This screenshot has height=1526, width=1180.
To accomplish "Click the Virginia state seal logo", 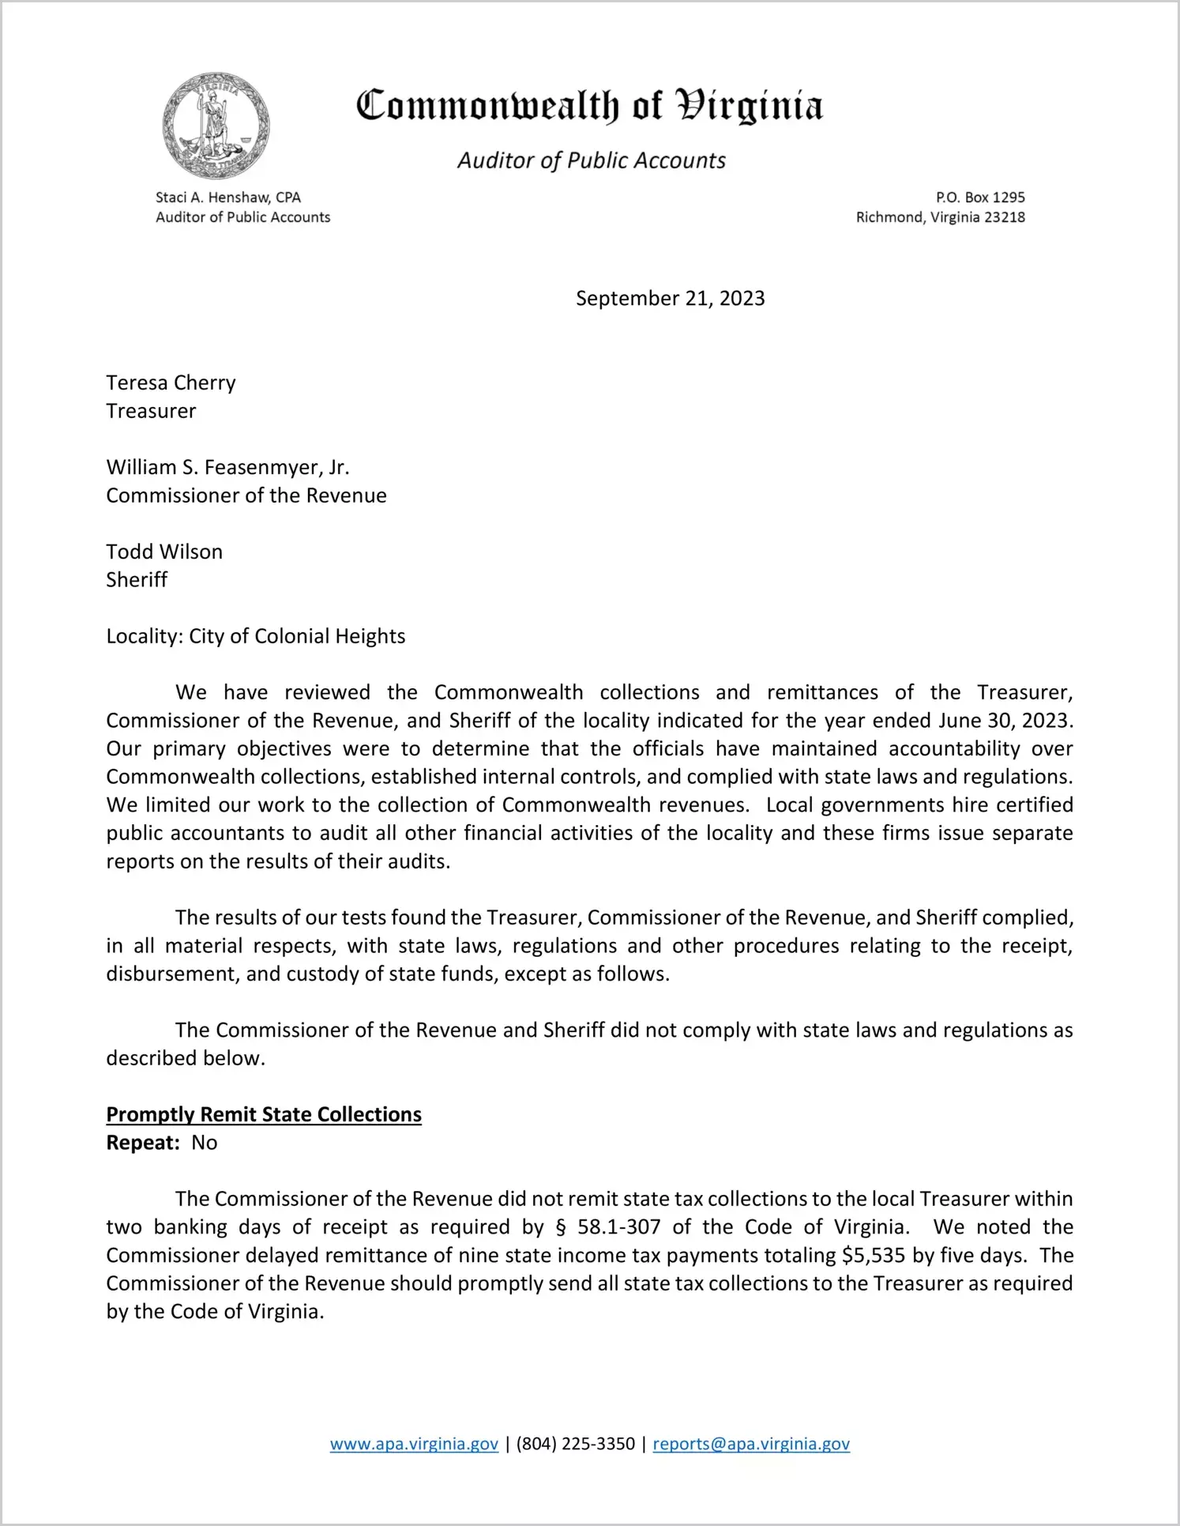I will (x=216, y=126).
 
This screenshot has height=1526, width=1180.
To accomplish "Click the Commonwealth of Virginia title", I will (x=589, y=106).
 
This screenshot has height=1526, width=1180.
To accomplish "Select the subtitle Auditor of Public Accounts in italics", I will (x=591, y=160).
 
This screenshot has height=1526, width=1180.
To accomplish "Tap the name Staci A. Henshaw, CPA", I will (x=228, y=198).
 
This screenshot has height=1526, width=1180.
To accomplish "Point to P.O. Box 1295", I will (x=980, y=198).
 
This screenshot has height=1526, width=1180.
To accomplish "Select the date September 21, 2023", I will (x=670, y=299).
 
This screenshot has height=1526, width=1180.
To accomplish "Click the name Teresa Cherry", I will (x=171, y=383).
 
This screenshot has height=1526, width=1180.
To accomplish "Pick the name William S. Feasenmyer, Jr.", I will (x=227, y=468).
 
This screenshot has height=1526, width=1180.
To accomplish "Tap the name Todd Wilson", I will (x=164, y=552).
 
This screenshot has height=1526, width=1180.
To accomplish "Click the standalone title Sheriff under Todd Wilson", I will (x=137, y=580).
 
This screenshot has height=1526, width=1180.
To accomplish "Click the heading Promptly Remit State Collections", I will (x=264, y=1115).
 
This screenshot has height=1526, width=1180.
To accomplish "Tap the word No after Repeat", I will (x=204, y=1144).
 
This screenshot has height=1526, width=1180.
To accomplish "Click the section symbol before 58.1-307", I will (x=562, y=1227).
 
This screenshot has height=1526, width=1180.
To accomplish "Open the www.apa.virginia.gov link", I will (x=414, y=1445).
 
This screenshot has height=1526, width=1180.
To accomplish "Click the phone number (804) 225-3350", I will (x=576, y=1445).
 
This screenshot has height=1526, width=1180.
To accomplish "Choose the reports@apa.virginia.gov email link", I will (x=751, y=1445).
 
